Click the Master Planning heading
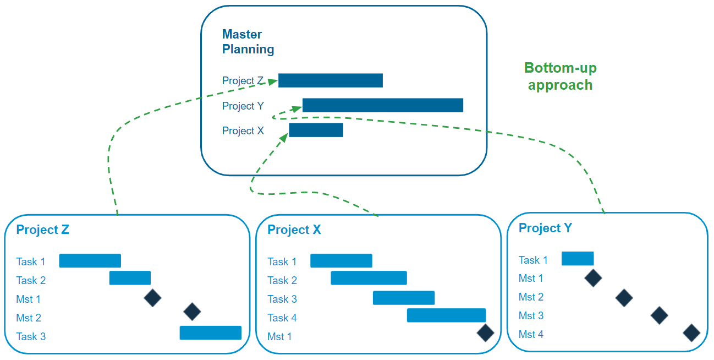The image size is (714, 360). pos(248,42)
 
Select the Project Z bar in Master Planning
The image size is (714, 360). pos(330,80)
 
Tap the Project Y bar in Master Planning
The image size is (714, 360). pos(382,105)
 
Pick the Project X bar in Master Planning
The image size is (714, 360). pos(316,130)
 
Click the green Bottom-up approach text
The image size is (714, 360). pos(560,77)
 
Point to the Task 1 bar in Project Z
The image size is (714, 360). pos(90,261)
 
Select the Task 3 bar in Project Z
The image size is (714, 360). pos(210,332)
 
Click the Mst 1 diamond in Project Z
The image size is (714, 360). pos(152,298)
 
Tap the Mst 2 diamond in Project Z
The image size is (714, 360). pos(192,312)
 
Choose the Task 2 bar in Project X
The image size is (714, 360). pos(369,278)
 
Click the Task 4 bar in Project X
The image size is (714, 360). pos(446,315)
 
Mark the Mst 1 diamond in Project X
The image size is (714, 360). pos(485,333)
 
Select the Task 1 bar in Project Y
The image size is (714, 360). pos(578,259)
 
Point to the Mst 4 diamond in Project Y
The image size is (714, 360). pos(691,333)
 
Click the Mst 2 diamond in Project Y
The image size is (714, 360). pos(624,298)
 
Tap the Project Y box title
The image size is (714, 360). pos(545,228)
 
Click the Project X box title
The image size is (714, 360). pos(294,230)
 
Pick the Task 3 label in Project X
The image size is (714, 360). pos(282,299)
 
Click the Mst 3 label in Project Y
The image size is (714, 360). pos(531,316)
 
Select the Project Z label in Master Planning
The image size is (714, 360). pos(243,81)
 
